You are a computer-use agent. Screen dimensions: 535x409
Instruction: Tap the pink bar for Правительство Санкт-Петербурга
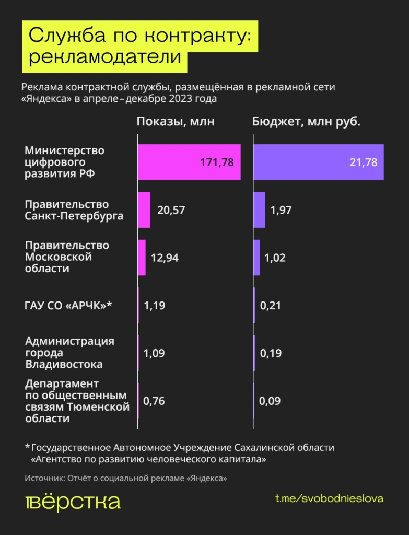(144, 210)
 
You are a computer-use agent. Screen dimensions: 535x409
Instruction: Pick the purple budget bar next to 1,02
(256, 258)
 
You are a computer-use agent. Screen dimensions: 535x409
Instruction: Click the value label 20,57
(171, 210)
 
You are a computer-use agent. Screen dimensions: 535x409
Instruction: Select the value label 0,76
(154, 401)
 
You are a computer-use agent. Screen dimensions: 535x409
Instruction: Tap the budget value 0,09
(270, 401)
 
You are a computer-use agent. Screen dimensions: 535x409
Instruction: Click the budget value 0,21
(271, 306)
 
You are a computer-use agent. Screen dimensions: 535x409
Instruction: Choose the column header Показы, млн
(176, 122)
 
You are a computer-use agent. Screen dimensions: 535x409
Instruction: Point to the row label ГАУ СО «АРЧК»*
(68, 306)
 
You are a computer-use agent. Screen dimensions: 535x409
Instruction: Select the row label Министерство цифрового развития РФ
(65, 162)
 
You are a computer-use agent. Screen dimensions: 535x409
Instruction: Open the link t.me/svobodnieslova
(329, 498)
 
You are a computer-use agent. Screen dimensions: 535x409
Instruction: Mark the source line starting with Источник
(125, 478)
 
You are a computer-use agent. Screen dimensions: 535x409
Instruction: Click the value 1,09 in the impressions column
(154, 353)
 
